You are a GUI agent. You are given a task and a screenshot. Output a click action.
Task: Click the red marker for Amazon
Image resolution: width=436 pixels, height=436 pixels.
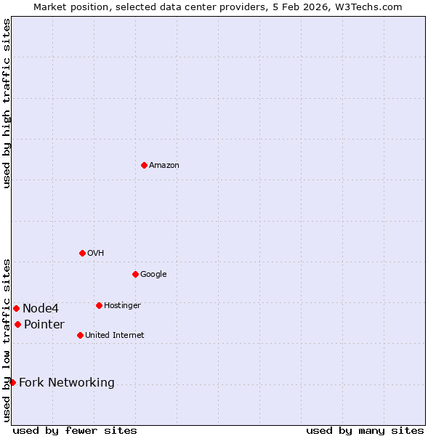coord(144,165)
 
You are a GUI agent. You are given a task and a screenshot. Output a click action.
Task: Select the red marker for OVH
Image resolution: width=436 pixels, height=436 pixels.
coord(82,253)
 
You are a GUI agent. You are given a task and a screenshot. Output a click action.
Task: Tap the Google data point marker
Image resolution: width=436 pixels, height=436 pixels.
coord(135,274)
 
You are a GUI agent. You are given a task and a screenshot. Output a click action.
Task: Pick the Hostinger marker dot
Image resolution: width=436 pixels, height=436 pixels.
coord(99,305)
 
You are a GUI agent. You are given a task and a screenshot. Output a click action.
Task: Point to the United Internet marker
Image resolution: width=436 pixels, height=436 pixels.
coord(80,335)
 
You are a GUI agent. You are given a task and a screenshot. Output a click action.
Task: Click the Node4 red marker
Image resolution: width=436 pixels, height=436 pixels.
coord(16,308)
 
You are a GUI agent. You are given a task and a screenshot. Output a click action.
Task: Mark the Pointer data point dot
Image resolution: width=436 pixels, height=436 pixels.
coord(17,324)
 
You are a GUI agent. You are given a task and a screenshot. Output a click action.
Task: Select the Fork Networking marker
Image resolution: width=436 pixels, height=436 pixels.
coord(12,382)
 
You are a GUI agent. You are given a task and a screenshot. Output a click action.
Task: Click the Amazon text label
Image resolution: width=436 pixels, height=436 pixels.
coord(164,166)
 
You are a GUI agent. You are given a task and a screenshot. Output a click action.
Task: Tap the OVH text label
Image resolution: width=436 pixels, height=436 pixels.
coord(96,254)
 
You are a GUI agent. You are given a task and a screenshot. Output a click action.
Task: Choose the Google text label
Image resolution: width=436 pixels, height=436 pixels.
coord(153,275)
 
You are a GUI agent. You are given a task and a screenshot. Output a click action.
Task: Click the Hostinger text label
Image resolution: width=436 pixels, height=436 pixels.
coord(122,306)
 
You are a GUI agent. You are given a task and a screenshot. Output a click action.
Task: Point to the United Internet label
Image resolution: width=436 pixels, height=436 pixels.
coord(115,336)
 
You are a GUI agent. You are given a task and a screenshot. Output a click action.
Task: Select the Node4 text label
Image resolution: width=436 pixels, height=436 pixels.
coord(41,309)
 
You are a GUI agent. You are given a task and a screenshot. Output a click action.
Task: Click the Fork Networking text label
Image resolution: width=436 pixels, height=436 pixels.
coord(67,383)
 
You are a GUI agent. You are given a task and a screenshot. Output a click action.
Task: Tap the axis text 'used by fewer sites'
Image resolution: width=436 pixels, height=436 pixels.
coord(75,430)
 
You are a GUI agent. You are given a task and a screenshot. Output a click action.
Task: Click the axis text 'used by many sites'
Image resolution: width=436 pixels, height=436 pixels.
coord(365,430)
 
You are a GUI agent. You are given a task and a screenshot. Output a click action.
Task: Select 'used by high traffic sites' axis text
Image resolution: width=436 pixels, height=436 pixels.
coord(7,103)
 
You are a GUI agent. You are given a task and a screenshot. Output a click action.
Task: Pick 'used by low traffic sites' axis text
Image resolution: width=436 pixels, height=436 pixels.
coord(7,339)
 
